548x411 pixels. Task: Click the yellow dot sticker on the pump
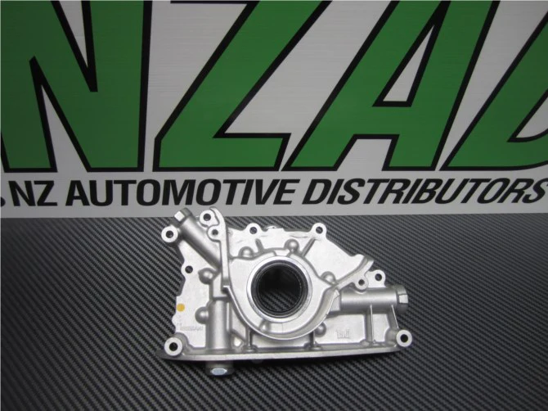[x=181, y=308]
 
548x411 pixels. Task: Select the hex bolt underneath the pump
[x=218, y=368]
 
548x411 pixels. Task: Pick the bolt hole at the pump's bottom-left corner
[x=173, y=346]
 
